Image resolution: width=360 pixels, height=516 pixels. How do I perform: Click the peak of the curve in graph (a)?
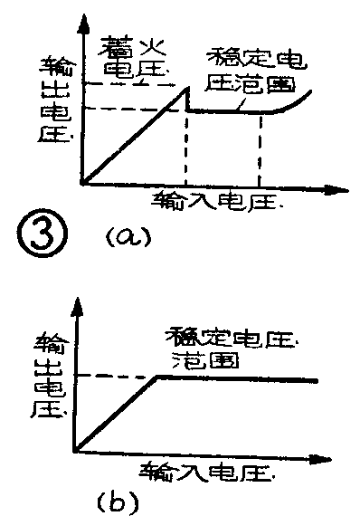(186, 88)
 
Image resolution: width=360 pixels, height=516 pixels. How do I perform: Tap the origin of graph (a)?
(82, 184)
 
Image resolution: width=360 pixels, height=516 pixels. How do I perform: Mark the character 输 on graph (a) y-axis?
(54, 66)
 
